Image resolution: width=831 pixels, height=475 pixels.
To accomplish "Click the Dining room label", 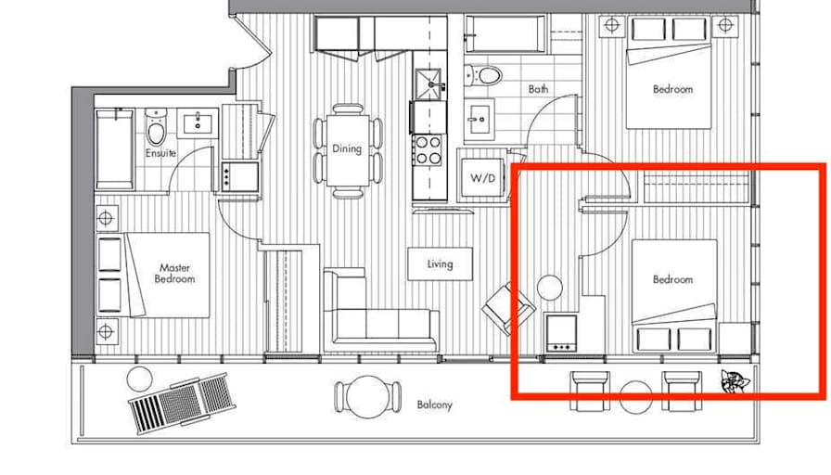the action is [347, 149].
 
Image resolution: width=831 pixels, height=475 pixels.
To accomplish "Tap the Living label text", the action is [440, 264].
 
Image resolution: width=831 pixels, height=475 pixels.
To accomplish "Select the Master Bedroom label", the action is [174, 274].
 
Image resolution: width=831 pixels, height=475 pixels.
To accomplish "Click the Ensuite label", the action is [160, 153].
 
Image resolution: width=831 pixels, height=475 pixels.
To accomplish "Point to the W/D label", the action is [483, 178].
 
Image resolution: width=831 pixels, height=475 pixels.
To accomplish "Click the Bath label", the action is [538, 89].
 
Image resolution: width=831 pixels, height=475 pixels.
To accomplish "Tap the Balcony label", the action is [435, 405].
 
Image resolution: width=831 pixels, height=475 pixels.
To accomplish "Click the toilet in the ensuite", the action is [156, 128].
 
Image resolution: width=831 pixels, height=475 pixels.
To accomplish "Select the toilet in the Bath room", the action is [484, 75].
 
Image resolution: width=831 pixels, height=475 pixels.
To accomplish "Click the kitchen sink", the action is [428, 84].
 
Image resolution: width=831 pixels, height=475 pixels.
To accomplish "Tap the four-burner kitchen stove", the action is [428, 150].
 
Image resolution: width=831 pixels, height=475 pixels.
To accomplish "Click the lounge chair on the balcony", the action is [182, 404].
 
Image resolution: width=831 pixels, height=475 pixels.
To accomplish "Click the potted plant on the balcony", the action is [735, 381].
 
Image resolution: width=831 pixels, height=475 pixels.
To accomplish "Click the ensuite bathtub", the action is [115, 149].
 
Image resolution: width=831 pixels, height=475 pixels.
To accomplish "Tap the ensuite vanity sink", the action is [198, 123].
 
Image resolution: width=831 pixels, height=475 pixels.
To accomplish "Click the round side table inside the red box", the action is [550, 288].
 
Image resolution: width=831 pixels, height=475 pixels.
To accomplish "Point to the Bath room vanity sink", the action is [479, 121].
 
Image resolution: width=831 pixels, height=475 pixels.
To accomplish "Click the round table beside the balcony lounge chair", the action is [140, 379].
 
